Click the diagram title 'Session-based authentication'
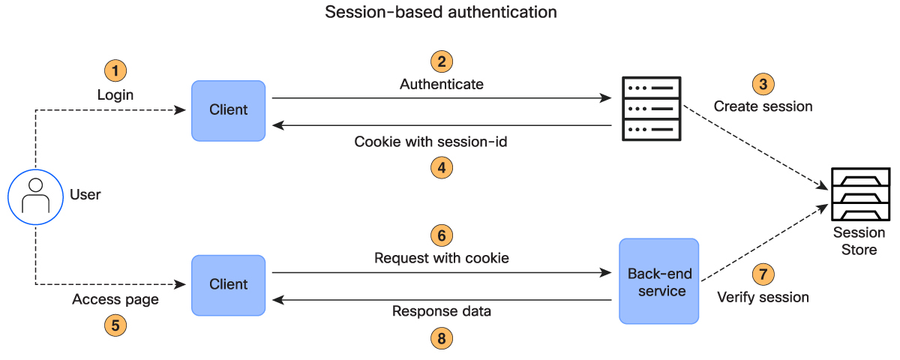441,13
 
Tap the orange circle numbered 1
115,71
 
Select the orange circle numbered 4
442,167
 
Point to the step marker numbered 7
763,274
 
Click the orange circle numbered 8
442,338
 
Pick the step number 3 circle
763,83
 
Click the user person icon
35,196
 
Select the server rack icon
652,109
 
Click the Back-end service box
658,281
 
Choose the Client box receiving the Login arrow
228,110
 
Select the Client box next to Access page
228,284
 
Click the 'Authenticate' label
442,84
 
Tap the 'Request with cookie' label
442,258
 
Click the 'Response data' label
442,310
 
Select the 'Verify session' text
763,298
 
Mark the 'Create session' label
763,106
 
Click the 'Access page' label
115,299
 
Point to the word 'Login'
115,95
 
